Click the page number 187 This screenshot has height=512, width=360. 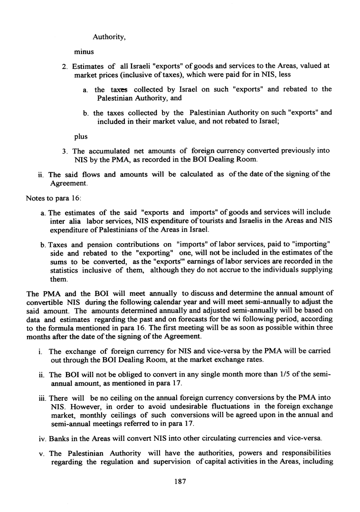[180, 481]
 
